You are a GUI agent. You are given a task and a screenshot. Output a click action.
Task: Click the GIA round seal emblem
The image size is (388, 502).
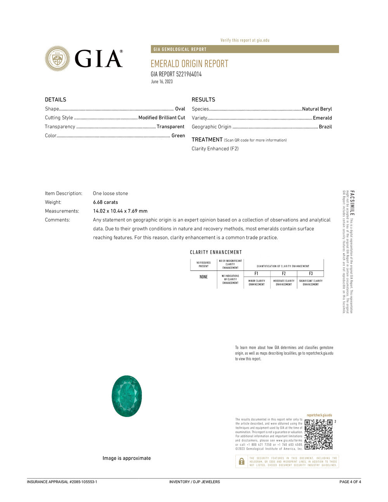[57, 59]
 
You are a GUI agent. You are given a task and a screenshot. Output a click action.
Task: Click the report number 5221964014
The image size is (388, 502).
[189, 74]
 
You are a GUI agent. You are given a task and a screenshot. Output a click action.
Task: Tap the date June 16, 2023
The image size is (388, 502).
[162, 81]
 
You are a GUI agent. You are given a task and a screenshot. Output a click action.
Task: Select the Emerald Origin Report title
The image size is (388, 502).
[189, 64]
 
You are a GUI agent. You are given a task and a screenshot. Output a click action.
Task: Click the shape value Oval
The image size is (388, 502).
[180, 109]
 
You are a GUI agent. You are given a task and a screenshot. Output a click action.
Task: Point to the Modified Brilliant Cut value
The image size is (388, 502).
[162, 118]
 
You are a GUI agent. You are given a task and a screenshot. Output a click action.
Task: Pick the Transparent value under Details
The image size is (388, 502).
[170, 126]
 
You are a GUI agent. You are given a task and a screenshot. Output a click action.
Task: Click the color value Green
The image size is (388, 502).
[178, 135]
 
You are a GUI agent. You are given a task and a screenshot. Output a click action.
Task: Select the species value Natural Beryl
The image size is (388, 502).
[317, 109]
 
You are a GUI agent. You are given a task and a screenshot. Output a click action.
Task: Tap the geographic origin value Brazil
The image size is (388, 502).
[325, 127]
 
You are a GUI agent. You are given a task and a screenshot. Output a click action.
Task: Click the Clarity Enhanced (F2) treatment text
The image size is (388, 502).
[215, 149]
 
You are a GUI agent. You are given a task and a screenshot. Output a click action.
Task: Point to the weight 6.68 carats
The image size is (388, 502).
[106, 202]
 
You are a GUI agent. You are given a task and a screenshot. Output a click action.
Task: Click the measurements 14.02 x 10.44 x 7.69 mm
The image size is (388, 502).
[120, 211]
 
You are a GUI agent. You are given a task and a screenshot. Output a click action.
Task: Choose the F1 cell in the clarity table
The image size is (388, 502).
[256, 274]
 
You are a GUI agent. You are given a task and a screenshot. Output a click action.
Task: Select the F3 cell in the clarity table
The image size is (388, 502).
[311, 274]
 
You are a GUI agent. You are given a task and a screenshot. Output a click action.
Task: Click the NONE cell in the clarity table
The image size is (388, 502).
[204, 277]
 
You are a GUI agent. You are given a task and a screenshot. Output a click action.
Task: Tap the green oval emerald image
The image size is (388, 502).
[126, 396]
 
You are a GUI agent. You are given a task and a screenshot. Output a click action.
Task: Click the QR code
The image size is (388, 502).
[319, 434]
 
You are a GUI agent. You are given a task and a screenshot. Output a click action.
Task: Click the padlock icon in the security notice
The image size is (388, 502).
[242, 461]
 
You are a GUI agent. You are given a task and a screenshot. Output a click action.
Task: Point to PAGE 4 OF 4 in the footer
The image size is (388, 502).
[350, 482]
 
